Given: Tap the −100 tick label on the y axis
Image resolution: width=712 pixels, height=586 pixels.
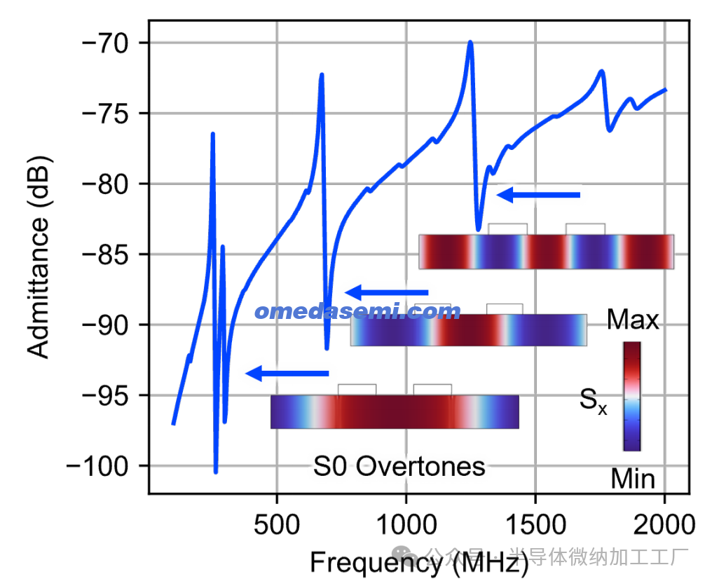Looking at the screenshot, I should pos(98,466).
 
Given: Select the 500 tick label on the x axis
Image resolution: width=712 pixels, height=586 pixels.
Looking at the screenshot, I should pos(278,523).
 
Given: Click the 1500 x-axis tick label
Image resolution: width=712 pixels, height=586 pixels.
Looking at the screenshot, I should pos(535,523).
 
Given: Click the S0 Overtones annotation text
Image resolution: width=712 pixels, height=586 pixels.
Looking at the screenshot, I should pos(399,466).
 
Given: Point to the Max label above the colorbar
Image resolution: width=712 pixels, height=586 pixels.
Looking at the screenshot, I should pos(633,320).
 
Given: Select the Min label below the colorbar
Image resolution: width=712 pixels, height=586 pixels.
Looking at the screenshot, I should pos(633,479).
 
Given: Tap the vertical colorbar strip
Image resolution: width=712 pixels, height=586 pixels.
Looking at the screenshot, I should pos(631,396).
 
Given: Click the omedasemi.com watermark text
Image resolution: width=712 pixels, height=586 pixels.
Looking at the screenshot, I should pos(357,312).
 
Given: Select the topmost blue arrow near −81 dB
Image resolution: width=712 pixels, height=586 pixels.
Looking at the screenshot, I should pos(538,195).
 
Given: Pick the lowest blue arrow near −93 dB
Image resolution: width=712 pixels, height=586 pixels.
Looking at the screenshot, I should pos(287,374).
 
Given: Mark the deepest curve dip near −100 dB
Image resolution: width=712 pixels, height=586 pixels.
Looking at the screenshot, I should pos(216,472).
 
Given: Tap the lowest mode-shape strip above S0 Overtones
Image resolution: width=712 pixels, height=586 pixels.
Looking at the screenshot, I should pos(395,411).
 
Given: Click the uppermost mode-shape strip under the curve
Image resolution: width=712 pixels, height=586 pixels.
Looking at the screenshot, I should pos(546,252).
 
